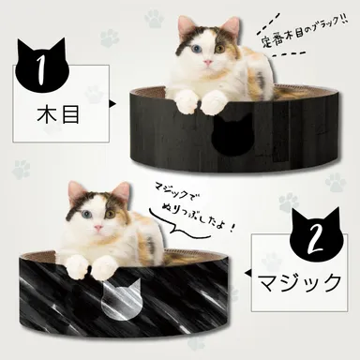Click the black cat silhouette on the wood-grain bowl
point(229,137)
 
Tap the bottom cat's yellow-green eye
point(110,212)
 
